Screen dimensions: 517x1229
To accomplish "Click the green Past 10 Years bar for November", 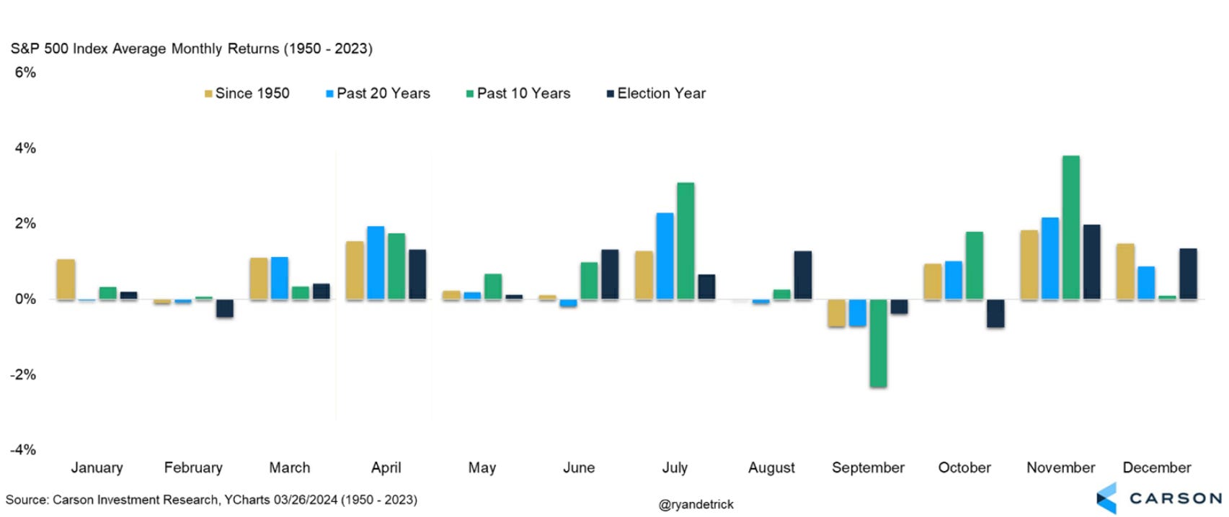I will pyautogui.click(x=1070, y=228).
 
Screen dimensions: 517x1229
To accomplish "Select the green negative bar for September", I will pyautogui.click(x=878, y=343).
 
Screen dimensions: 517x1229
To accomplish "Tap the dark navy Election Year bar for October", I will pyautogui.click(x=995, y=313).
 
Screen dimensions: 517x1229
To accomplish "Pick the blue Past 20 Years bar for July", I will pyautogui.click(x=665, y=256).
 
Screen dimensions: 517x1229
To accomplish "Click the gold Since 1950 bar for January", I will pyautogui.click(x=66, y=279).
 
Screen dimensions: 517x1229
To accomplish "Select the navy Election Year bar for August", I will pyautogui.click(x=802, y=275).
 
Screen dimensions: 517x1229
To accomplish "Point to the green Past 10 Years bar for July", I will pyautogui.click(x=686, y=241).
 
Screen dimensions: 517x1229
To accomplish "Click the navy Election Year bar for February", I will pyautogui.click(x=225, y=308).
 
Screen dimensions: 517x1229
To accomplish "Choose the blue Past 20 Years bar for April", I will pyautogui.click(x=376, y=263).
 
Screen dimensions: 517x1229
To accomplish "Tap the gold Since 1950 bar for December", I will pyautogui.click(x=1125, y=271).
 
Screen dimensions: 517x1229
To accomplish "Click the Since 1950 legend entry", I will pyautogui.click(x=247, y=94).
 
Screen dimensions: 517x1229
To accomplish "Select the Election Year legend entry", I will pyautogui.click(x=656, y=94).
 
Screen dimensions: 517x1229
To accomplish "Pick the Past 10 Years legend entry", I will pyautogui.click(x=518, y=94).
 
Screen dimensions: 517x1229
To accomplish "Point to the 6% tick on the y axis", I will pyautogui.click(x=25, y=72).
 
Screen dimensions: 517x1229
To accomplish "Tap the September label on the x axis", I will pyautogui.click(x=868, y=468).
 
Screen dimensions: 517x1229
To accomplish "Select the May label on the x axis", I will pyautogui.click(x=482, y=468).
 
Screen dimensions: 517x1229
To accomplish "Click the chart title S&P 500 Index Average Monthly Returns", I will pyautogui.click(x=191, y=49).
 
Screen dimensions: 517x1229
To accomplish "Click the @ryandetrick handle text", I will pyautogui.click(x=696, y=505).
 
